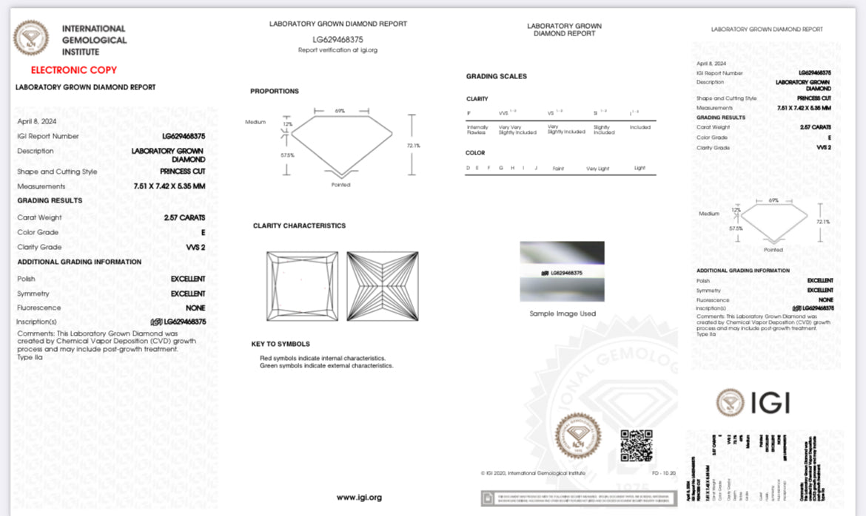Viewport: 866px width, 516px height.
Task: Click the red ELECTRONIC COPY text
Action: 73,70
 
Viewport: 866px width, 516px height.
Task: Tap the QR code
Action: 636,445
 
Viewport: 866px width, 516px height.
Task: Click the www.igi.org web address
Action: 359,498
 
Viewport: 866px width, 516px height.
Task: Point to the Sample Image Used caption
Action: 562,313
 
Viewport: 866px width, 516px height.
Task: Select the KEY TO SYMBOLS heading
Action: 281,344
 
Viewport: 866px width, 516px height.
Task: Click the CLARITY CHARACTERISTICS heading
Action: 299,225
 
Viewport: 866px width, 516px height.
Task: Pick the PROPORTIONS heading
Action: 275,91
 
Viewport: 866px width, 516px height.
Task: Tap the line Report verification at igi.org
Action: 338,50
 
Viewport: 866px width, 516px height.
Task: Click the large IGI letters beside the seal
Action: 771,402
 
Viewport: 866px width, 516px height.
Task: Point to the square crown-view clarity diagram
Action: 302,286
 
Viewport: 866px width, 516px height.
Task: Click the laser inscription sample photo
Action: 562,271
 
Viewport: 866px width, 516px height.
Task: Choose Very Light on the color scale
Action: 597,169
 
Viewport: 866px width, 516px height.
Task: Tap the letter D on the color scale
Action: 467,168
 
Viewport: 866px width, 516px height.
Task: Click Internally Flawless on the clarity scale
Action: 477,129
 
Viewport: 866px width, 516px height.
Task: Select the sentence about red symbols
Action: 323,358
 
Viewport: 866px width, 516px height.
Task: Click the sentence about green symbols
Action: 326,365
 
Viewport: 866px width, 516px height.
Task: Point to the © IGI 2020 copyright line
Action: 533,472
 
